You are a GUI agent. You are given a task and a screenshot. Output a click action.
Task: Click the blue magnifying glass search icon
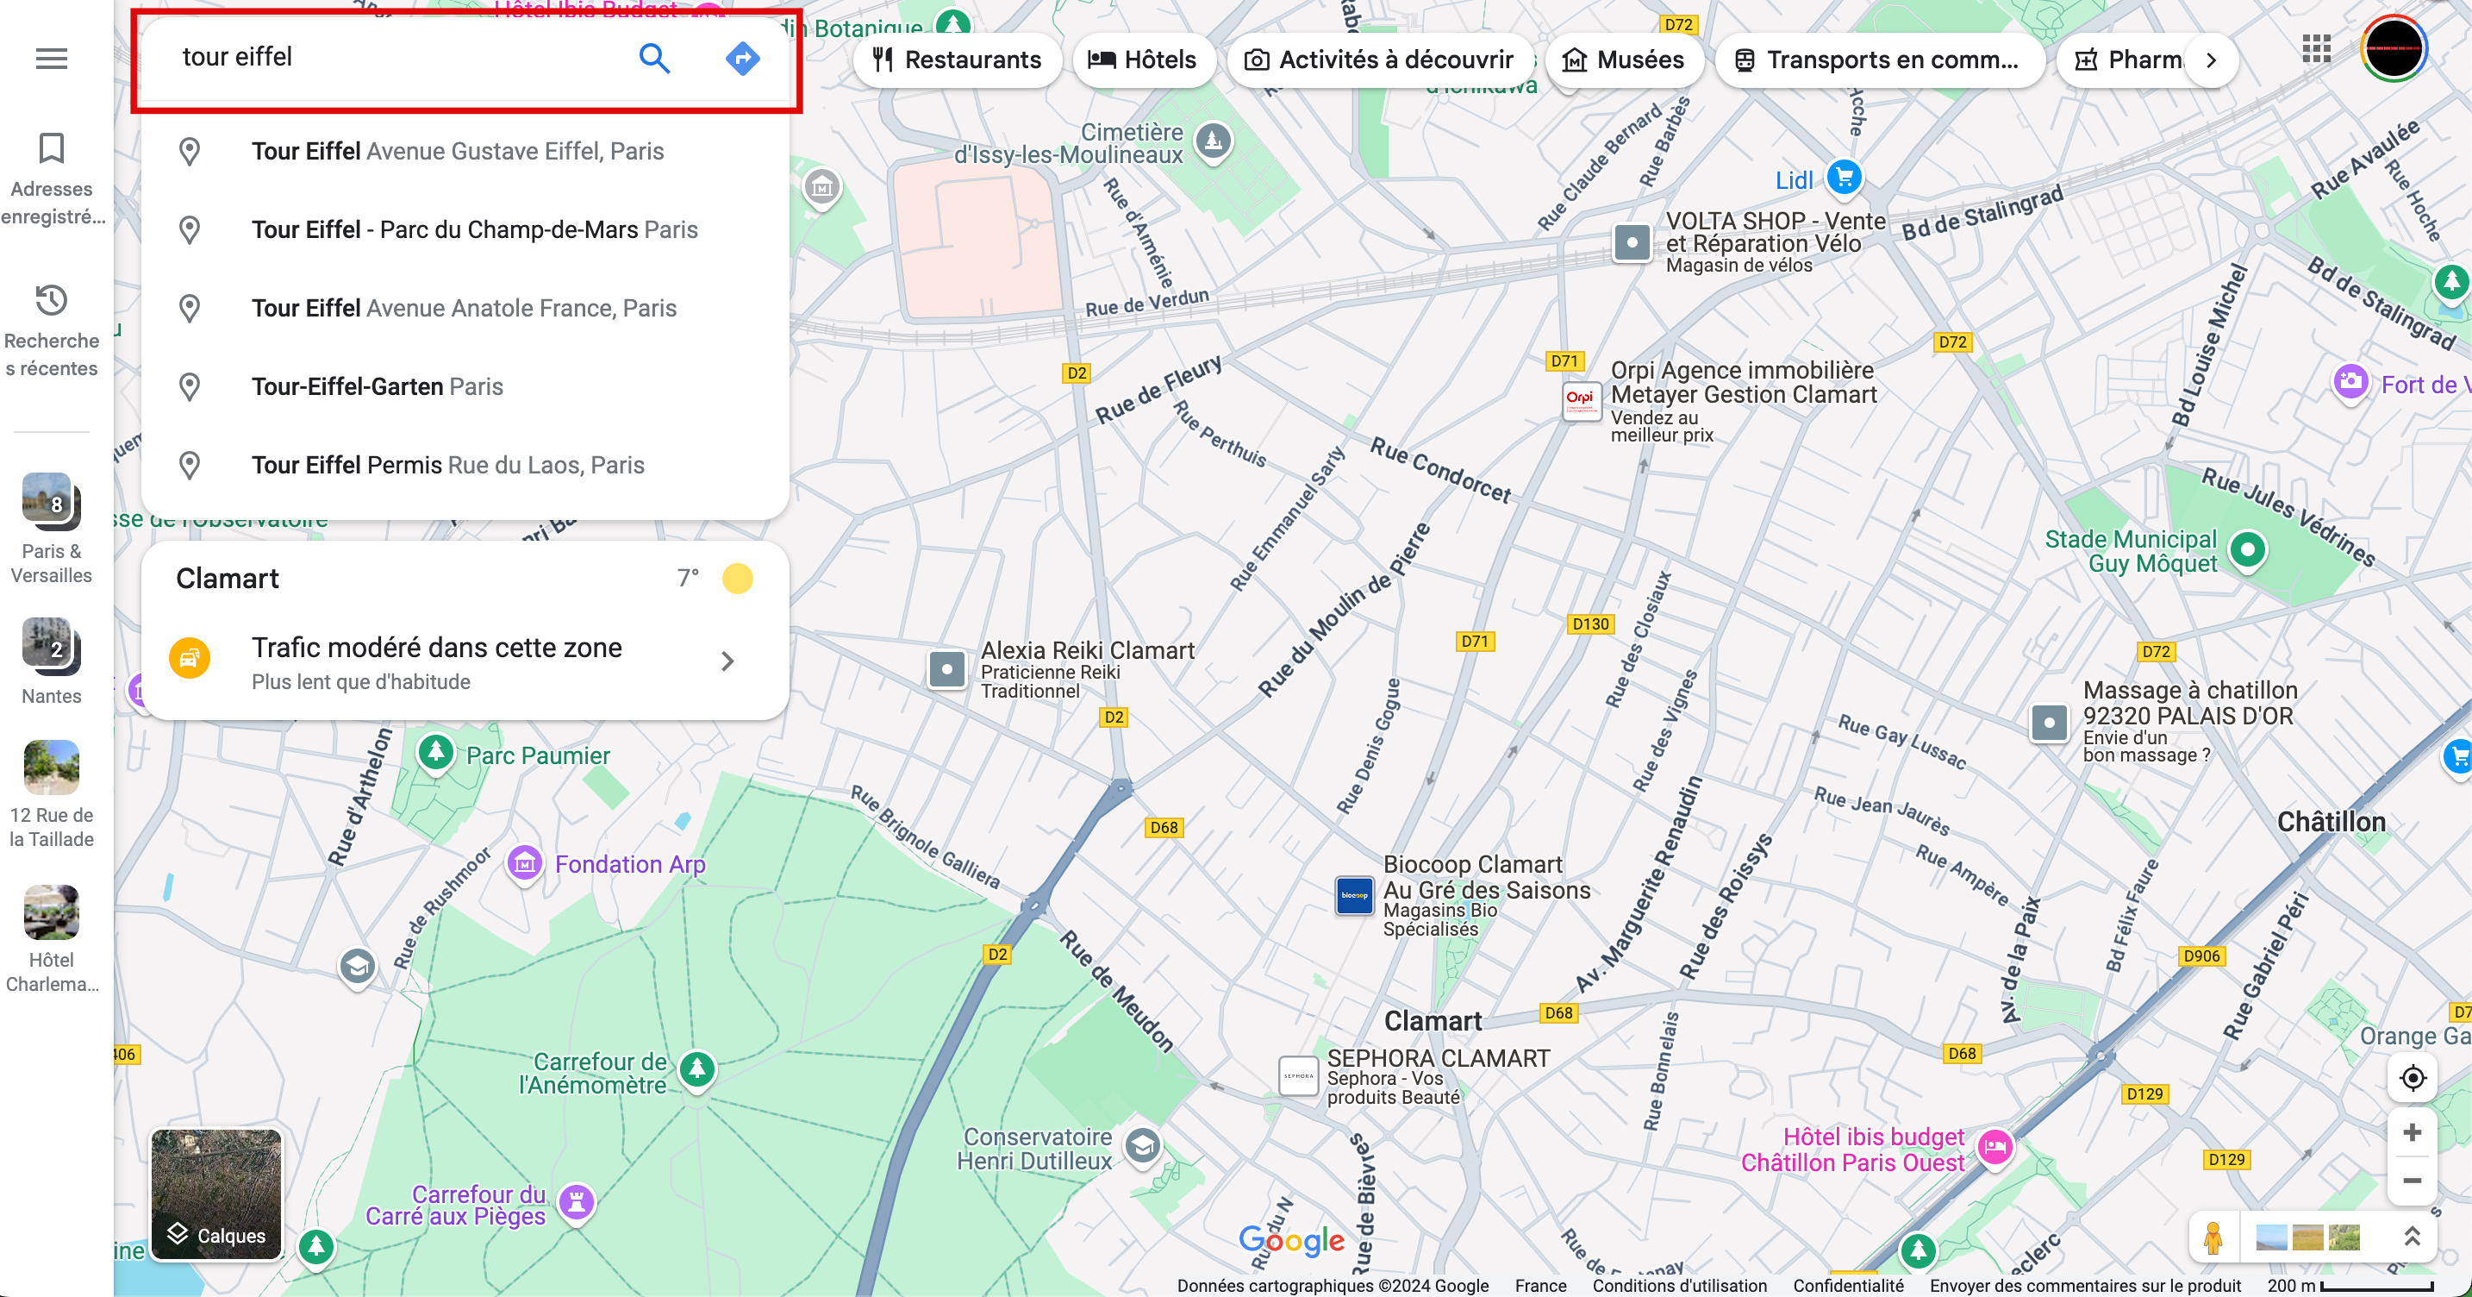[x=653, y=59]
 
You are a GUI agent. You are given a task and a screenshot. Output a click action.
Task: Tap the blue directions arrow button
[x=742, y=59]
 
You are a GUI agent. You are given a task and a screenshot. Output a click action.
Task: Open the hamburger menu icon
[x=51, y=59]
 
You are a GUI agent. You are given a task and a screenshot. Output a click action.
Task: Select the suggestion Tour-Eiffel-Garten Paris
[x=378, y=387]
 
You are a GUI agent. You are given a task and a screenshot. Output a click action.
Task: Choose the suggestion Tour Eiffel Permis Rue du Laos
[x=447, y=466]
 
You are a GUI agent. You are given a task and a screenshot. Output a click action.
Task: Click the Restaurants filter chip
[x=957, y=60]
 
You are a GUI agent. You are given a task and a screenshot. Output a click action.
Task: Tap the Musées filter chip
[x=1623, y=60]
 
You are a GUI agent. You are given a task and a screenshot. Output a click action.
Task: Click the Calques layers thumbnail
[x=217, y=1194]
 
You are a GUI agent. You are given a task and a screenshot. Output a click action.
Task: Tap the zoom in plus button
[x=2412, y=1133]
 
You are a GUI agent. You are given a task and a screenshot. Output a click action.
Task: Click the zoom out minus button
[x=2412, y=1181]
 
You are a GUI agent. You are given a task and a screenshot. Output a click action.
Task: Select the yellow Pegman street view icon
[x=2213, y=1237]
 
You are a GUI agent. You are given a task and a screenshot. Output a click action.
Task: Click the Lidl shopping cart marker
[x=1844, y=178]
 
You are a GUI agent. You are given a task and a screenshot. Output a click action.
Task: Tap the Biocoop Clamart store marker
[x=1354, y=895]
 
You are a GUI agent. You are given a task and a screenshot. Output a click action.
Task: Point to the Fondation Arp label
[x=629, y=864]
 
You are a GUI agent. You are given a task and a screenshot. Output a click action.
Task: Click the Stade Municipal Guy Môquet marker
[x=2247, y=550]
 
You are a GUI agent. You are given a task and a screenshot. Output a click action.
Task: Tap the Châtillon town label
[x=2330, y=822]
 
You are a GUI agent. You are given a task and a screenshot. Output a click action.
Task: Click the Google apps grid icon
[x=2316, y=49]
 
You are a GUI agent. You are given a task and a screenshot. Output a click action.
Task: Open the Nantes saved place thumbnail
[x=51, y=647]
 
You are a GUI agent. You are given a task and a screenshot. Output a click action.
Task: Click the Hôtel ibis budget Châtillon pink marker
[x=1994, y=1146]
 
